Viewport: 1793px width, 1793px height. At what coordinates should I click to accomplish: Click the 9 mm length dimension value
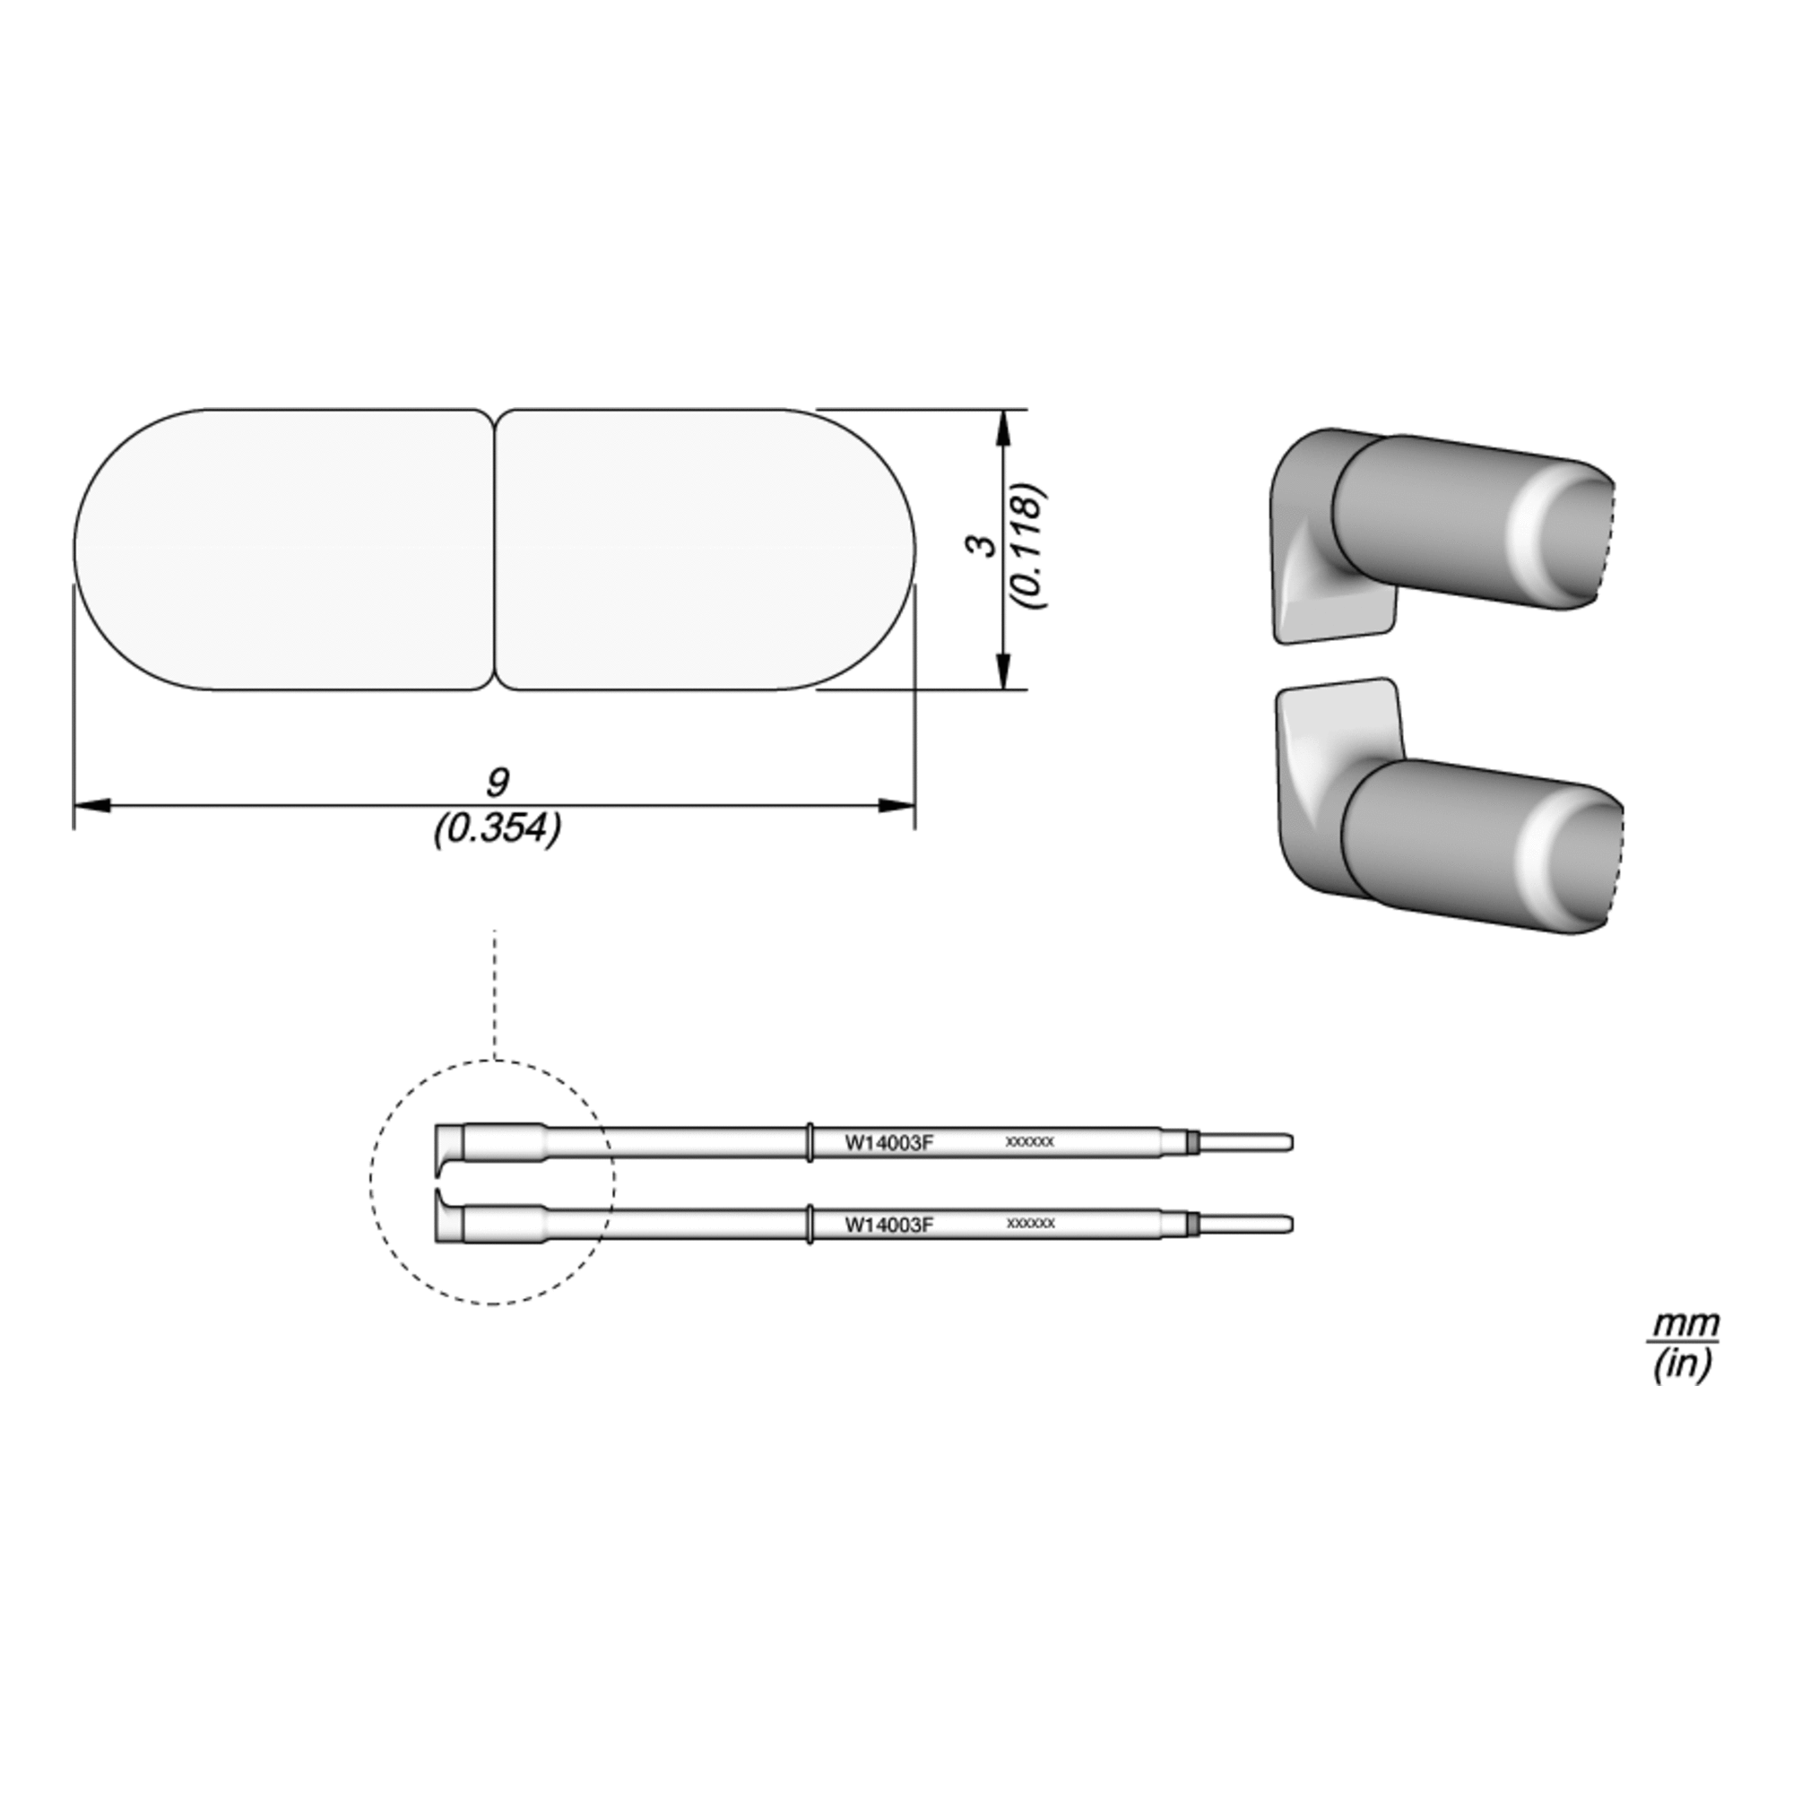click(498, 783)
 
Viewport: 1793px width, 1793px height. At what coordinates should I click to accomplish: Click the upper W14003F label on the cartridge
click(888, 1142)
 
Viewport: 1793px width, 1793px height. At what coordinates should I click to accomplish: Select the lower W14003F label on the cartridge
click(888, 1224)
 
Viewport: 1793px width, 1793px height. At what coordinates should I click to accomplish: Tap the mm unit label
click(1684, 1323)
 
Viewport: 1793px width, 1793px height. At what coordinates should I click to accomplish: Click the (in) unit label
click(1682, 1364)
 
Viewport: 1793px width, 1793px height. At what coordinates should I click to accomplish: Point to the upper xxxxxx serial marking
click(1030, 1142)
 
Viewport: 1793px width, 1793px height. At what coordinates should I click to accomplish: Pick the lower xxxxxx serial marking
click(1030, 1223)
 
